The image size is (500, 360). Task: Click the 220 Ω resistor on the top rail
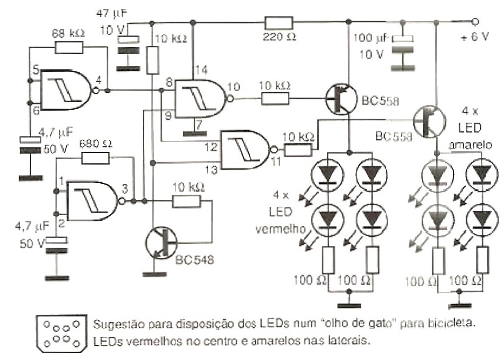pos(279,24)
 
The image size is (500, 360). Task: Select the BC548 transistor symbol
pos(161,241)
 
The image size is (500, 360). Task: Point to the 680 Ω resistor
pos(96,159)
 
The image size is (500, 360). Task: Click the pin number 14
pos(198,70)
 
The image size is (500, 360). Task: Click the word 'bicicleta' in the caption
pos(455,324)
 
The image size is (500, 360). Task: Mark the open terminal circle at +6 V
pos(475,22)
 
